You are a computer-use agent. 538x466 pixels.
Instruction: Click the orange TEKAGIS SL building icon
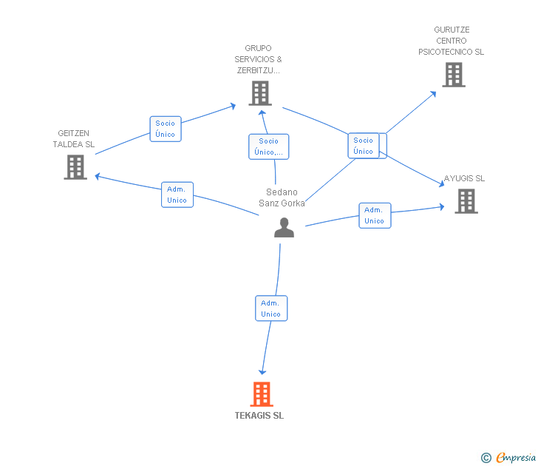(262, 394)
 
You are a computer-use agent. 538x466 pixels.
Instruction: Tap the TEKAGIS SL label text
(259, 416)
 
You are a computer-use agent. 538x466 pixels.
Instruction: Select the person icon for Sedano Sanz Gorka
(284, 227)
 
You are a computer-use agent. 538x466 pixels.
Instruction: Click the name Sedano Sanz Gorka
(282, 197)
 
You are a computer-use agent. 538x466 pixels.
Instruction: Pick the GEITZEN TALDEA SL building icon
(75, 167)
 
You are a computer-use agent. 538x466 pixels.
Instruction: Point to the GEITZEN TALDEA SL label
(73, 139)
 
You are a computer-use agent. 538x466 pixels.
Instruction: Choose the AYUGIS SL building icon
(466, 201)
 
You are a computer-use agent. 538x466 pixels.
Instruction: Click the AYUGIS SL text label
(464, 178)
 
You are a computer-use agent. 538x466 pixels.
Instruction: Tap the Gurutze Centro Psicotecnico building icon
(454, 75)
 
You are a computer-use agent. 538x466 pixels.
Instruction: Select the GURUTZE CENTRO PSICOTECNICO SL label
(452, 41)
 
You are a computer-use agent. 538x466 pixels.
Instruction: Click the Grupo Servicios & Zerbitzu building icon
(260, 93)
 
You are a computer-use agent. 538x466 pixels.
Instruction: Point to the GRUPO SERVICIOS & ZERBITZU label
(258, 59)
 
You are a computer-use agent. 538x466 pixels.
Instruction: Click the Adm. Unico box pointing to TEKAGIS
(271, 308)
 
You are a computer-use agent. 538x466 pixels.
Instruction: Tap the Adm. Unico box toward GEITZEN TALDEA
(177, 195)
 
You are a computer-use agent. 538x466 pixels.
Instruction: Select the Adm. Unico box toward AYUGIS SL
(375, 215)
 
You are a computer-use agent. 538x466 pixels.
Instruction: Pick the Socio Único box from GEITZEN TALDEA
(166, 129)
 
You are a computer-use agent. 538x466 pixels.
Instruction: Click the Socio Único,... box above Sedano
(269, 146)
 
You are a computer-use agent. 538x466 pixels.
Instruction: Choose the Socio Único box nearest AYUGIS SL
(364, 146)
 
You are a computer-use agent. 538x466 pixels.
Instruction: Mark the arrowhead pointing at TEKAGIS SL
(262, 372)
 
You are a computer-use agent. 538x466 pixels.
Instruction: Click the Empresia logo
(508, 458)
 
